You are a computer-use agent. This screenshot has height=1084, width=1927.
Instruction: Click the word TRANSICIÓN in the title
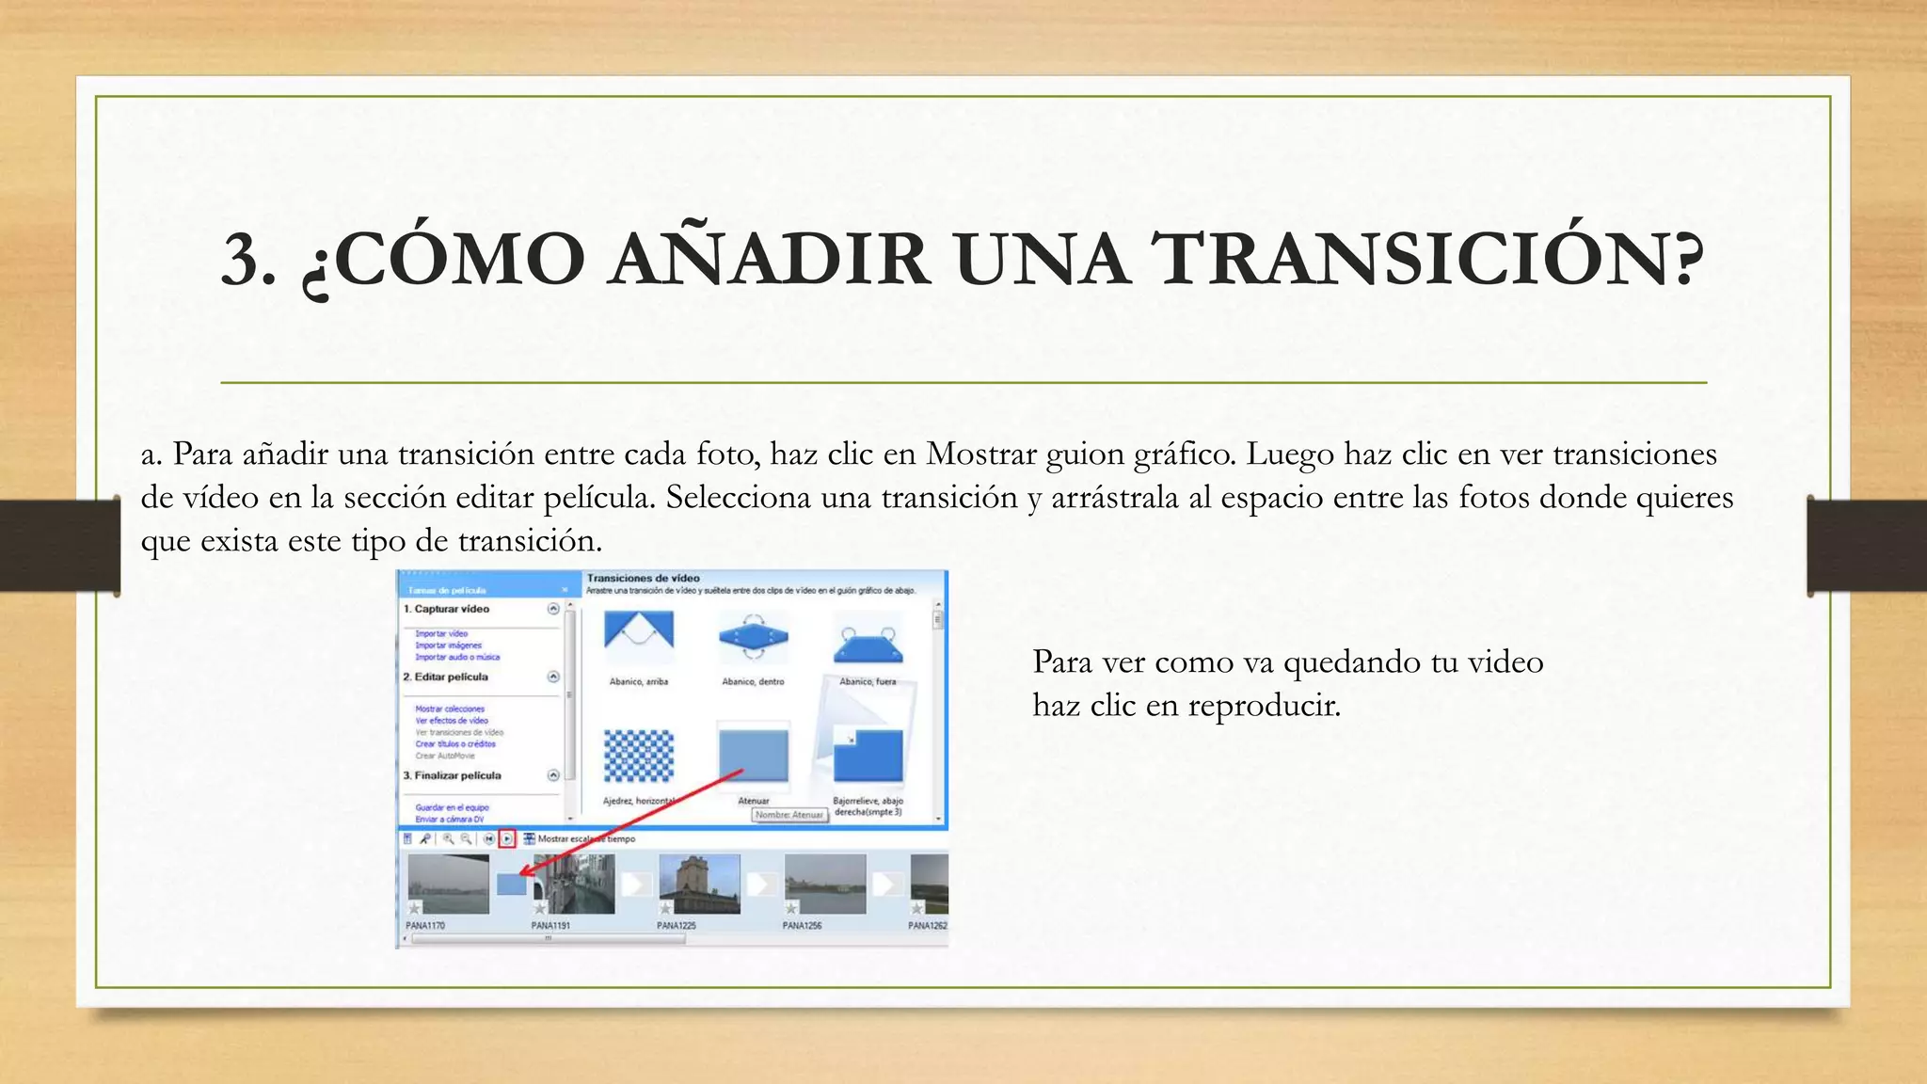click(1425, 260)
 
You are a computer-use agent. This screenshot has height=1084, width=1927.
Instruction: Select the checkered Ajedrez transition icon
click(639, 755)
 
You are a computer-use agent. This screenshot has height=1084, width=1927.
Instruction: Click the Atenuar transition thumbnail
click(753, 753)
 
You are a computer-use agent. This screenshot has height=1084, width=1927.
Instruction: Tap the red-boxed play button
click(507, 838)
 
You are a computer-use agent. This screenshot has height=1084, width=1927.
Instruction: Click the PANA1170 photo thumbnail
click(448, 884)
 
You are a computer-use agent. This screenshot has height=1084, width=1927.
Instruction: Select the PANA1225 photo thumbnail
click(699, 884)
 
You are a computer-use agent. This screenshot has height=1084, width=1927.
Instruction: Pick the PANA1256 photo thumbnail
click(824, 884)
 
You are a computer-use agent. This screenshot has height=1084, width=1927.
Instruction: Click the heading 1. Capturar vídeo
click(447, 610)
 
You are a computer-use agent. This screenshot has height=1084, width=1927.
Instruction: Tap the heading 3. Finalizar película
click(453, 776)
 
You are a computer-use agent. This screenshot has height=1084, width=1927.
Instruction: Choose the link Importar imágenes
click(448, 646)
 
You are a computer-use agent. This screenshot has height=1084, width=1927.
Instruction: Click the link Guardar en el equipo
click(452, 807)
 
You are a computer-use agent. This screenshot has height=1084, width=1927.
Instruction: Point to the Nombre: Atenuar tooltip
click(789, 815)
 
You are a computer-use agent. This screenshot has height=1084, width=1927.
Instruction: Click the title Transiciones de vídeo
click(644, 578)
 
